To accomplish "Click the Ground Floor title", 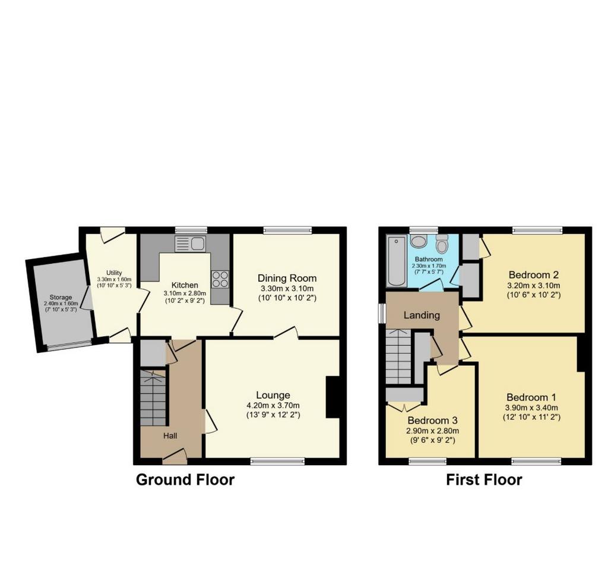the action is tap(185, 480).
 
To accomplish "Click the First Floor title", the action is tap(484, 480).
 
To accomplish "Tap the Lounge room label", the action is tap(273, 395).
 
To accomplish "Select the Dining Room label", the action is tap(287, 278).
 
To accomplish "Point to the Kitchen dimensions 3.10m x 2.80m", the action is tap(185, 293).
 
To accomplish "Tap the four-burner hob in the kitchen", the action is tap(220, 279).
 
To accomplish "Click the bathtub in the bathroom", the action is tap(396, 261).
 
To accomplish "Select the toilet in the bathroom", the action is tap(442, 243).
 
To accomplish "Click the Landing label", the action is tap(422, 315).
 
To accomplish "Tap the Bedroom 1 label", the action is tap(531, 397).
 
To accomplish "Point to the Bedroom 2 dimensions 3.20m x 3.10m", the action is tap(534, 286).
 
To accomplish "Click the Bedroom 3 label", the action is tap(432, 420).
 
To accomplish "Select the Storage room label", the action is tap(61, 298).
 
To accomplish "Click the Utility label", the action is tap(114, 273).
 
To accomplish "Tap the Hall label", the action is tap(170, 435).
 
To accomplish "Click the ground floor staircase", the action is tap(154, 397).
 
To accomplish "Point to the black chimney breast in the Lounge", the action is tap(332, 397).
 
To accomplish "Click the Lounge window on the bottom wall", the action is tap(277, 461).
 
